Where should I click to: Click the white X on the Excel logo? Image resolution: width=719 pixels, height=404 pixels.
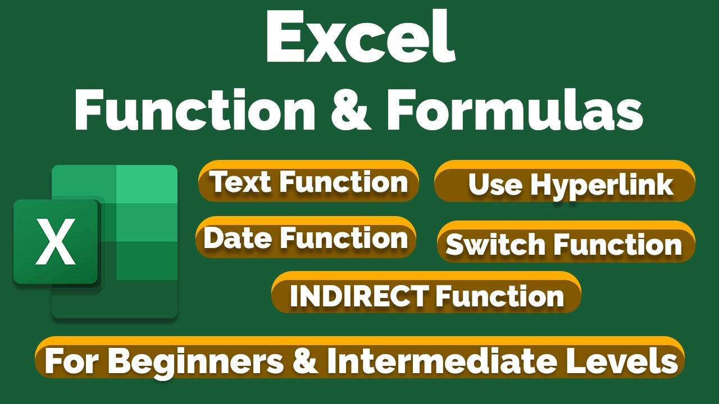55,242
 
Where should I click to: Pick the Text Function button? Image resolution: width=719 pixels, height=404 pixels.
308,181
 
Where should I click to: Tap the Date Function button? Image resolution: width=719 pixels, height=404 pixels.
306,237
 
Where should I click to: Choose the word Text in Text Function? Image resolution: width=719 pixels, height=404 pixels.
240,181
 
